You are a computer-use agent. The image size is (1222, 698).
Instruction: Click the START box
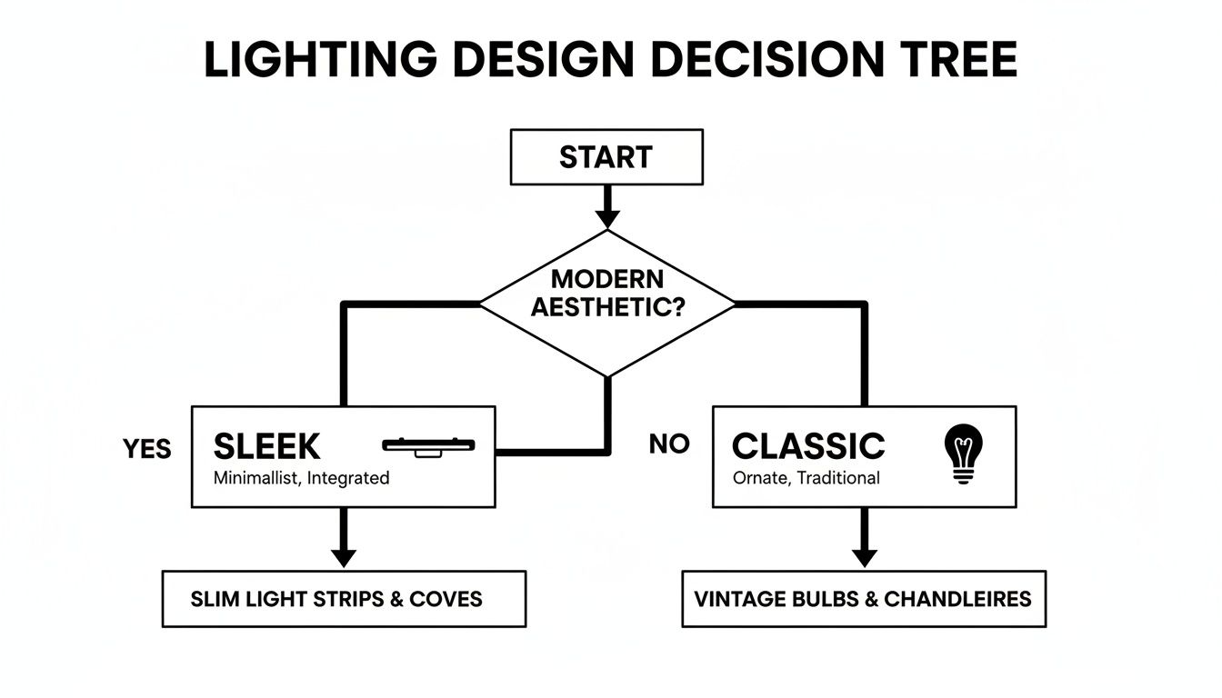[x=606, y=157]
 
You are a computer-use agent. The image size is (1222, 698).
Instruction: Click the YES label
[x=147, y=449]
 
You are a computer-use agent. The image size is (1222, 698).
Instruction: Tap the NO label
[x=669, y=444]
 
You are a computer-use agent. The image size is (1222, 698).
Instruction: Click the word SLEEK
[x=266, y=446]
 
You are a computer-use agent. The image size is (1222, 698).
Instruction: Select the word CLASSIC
[x=807, y=446]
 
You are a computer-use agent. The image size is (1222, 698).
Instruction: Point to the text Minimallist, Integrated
[x=301, y=478]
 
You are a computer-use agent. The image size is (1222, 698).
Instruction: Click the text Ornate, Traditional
[x=806, y=478]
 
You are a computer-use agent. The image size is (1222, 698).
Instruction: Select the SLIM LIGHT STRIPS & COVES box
[x=344, y=599]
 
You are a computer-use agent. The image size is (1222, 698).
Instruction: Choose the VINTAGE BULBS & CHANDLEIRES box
[x=863, y=599]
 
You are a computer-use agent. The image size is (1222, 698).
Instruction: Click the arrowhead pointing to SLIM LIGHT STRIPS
[x=343, y=556]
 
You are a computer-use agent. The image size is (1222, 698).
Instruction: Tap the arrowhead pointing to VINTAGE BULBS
[x=864, y=556]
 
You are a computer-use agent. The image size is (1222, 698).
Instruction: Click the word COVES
[x=446, y=599]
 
